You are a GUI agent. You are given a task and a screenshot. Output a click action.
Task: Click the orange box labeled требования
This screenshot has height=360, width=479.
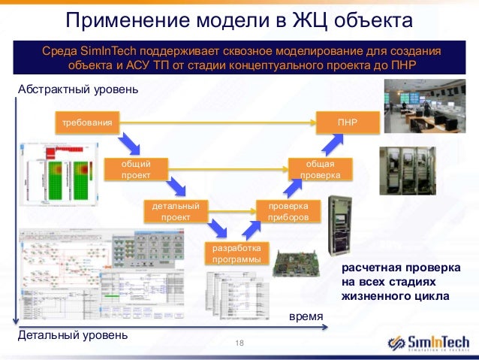[88, 122]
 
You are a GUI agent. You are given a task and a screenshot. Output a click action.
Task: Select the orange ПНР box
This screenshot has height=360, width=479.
[347, 122]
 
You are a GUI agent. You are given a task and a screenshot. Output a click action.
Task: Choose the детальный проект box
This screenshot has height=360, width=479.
[175, 211]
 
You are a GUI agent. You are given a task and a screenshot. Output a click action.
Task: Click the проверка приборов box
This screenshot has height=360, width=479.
[288, 211]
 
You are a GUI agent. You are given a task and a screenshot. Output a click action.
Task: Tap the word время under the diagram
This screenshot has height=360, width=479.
[306, 318]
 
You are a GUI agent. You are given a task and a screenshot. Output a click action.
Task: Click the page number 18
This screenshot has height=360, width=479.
[240, 343]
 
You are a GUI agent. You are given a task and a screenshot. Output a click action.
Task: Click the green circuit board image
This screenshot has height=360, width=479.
[298, 262]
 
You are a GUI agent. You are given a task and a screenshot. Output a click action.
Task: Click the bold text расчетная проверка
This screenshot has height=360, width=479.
[399, 268]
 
